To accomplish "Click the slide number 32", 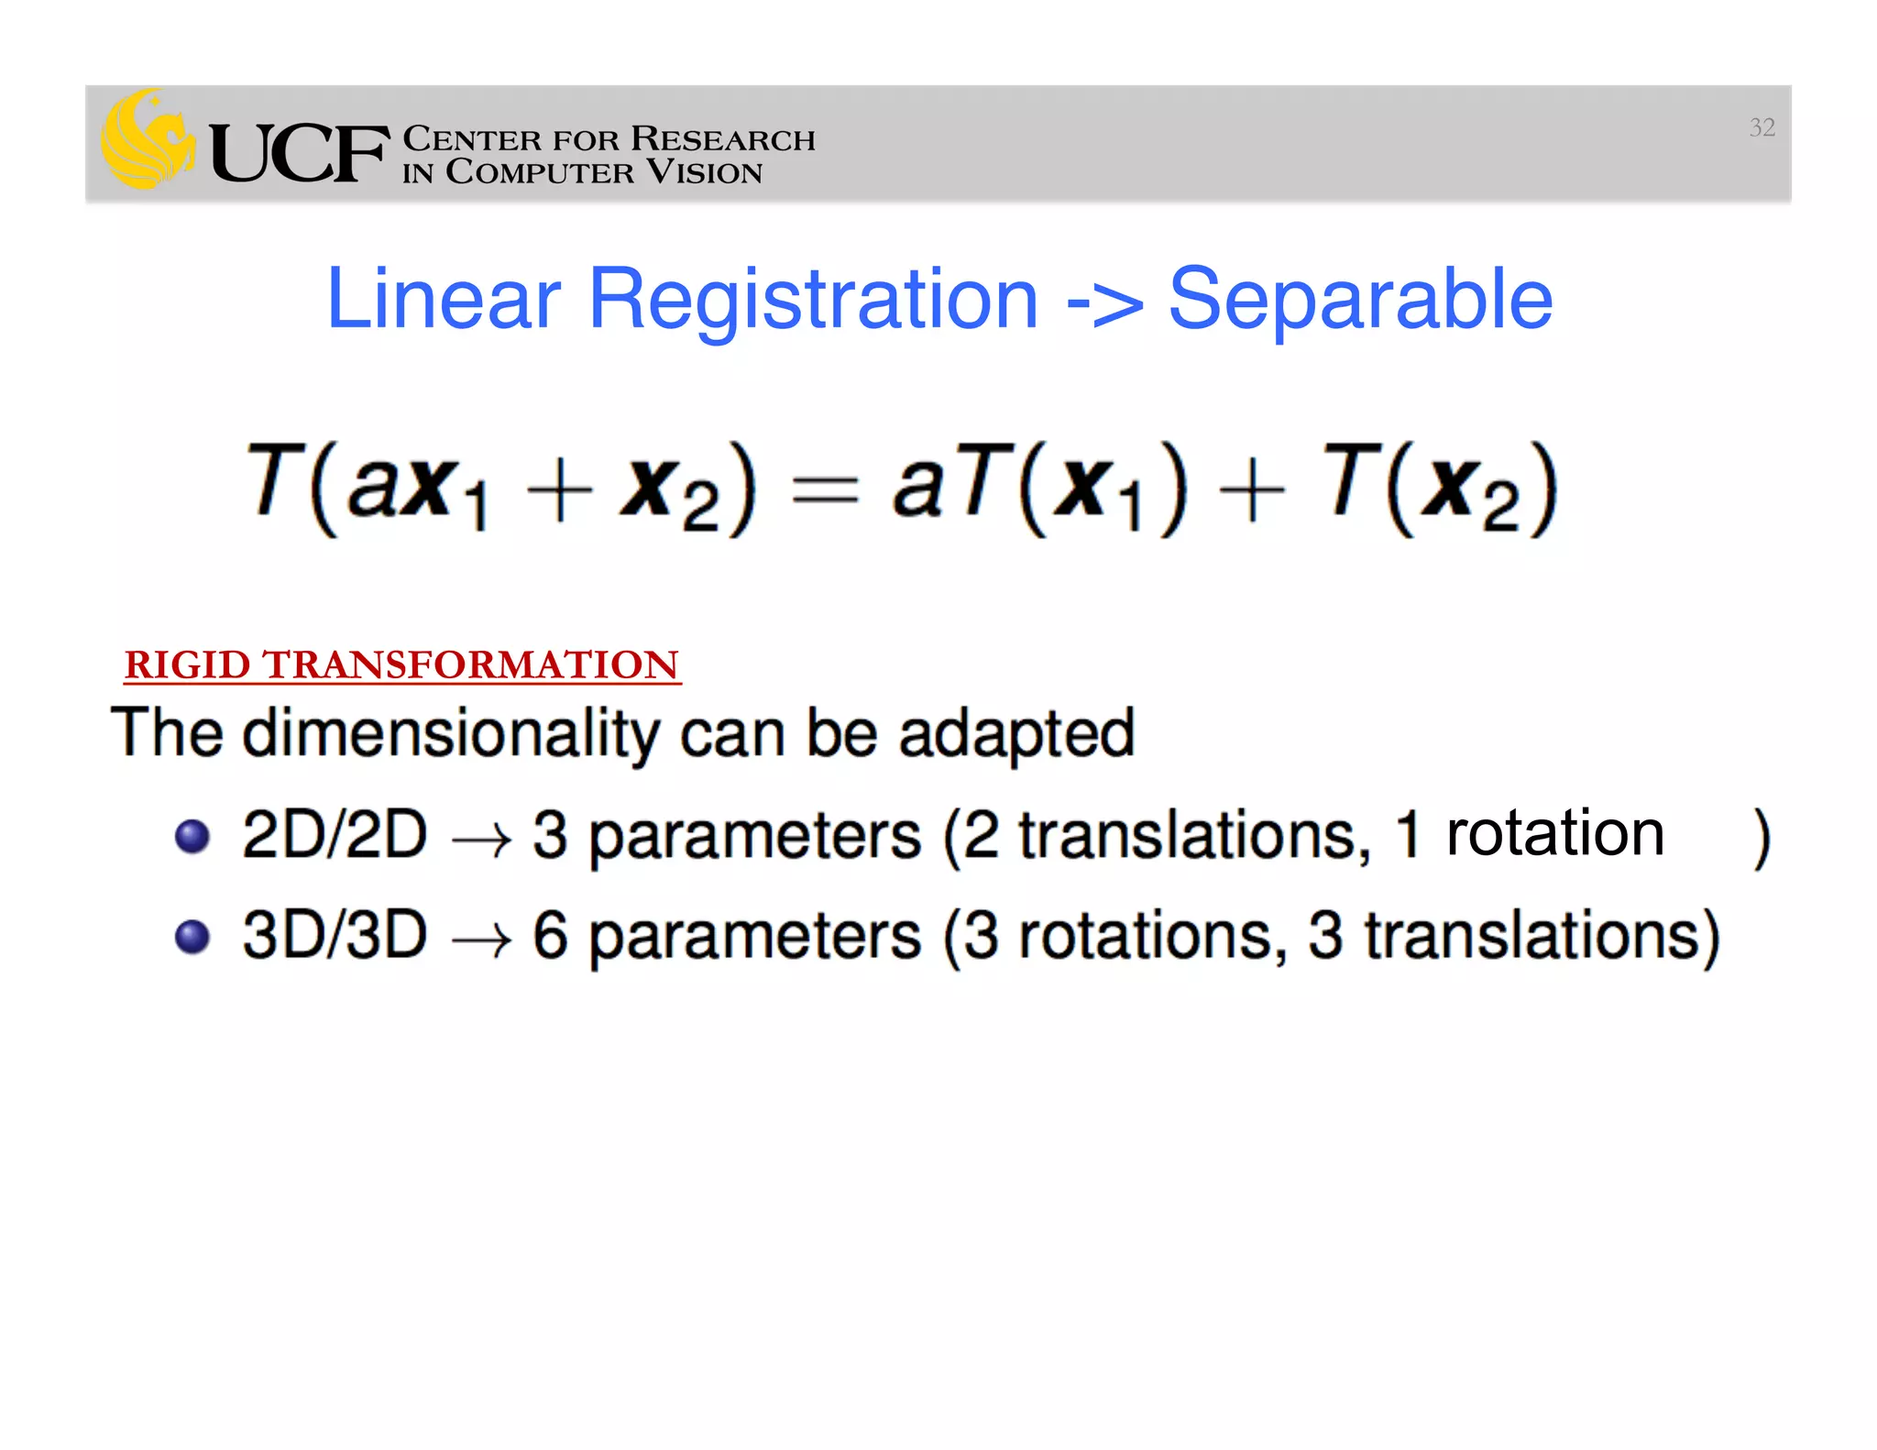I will click(x=1762, y=127).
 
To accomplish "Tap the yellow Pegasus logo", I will click(x=147, y=139).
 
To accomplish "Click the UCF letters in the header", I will click(x=299, y=153).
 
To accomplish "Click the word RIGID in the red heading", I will click(x=187, y=665).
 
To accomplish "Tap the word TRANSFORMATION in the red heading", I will click(x=470, y=665).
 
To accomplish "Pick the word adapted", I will click(x=1016, y=734).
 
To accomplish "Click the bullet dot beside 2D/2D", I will click(x=192, y=836).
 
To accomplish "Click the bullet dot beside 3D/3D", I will click(x=192, y=937).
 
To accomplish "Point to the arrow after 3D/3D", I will click(x=480, y=940).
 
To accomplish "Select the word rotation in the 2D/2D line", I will click(x=1554, y=833).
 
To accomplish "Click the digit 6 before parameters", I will click(x=550, y=935).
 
